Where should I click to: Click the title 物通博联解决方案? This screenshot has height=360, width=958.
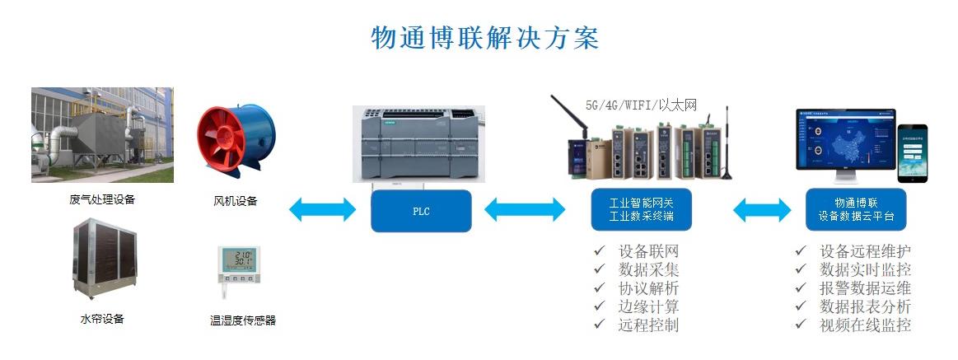pos(484,38)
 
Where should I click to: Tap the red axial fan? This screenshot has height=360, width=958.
pos(235,141)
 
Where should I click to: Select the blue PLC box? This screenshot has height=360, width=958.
pos(421,211)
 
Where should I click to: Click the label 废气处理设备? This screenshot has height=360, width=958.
pos(102,199)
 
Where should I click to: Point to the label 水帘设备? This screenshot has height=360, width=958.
pos(102,319)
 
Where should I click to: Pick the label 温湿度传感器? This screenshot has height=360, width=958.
pos(242,320)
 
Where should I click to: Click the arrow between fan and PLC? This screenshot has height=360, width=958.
pos(322,210)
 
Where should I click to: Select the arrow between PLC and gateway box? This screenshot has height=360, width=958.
pos(525,211)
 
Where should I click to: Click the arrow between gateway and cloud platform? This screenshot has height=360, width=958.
pos(761,211)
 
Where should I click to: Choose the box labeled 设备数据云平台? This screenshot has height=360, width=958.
pos(856,210)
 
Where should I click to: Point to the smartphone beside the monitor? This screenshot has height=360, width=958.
pos(912,152)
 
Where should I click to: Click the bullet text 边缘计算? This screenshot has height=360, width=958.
pos(648,306)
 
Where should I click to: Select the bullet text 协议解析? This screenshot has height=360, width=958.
pos(648,288)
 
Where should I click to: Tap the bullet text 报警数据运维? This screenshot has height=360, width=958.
pos(866,288)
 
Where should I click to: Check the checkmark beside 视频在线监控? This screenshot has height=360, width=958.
pos(800,324)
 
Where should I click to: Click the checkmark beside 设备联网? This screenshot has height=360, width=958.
pos(599,251)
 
